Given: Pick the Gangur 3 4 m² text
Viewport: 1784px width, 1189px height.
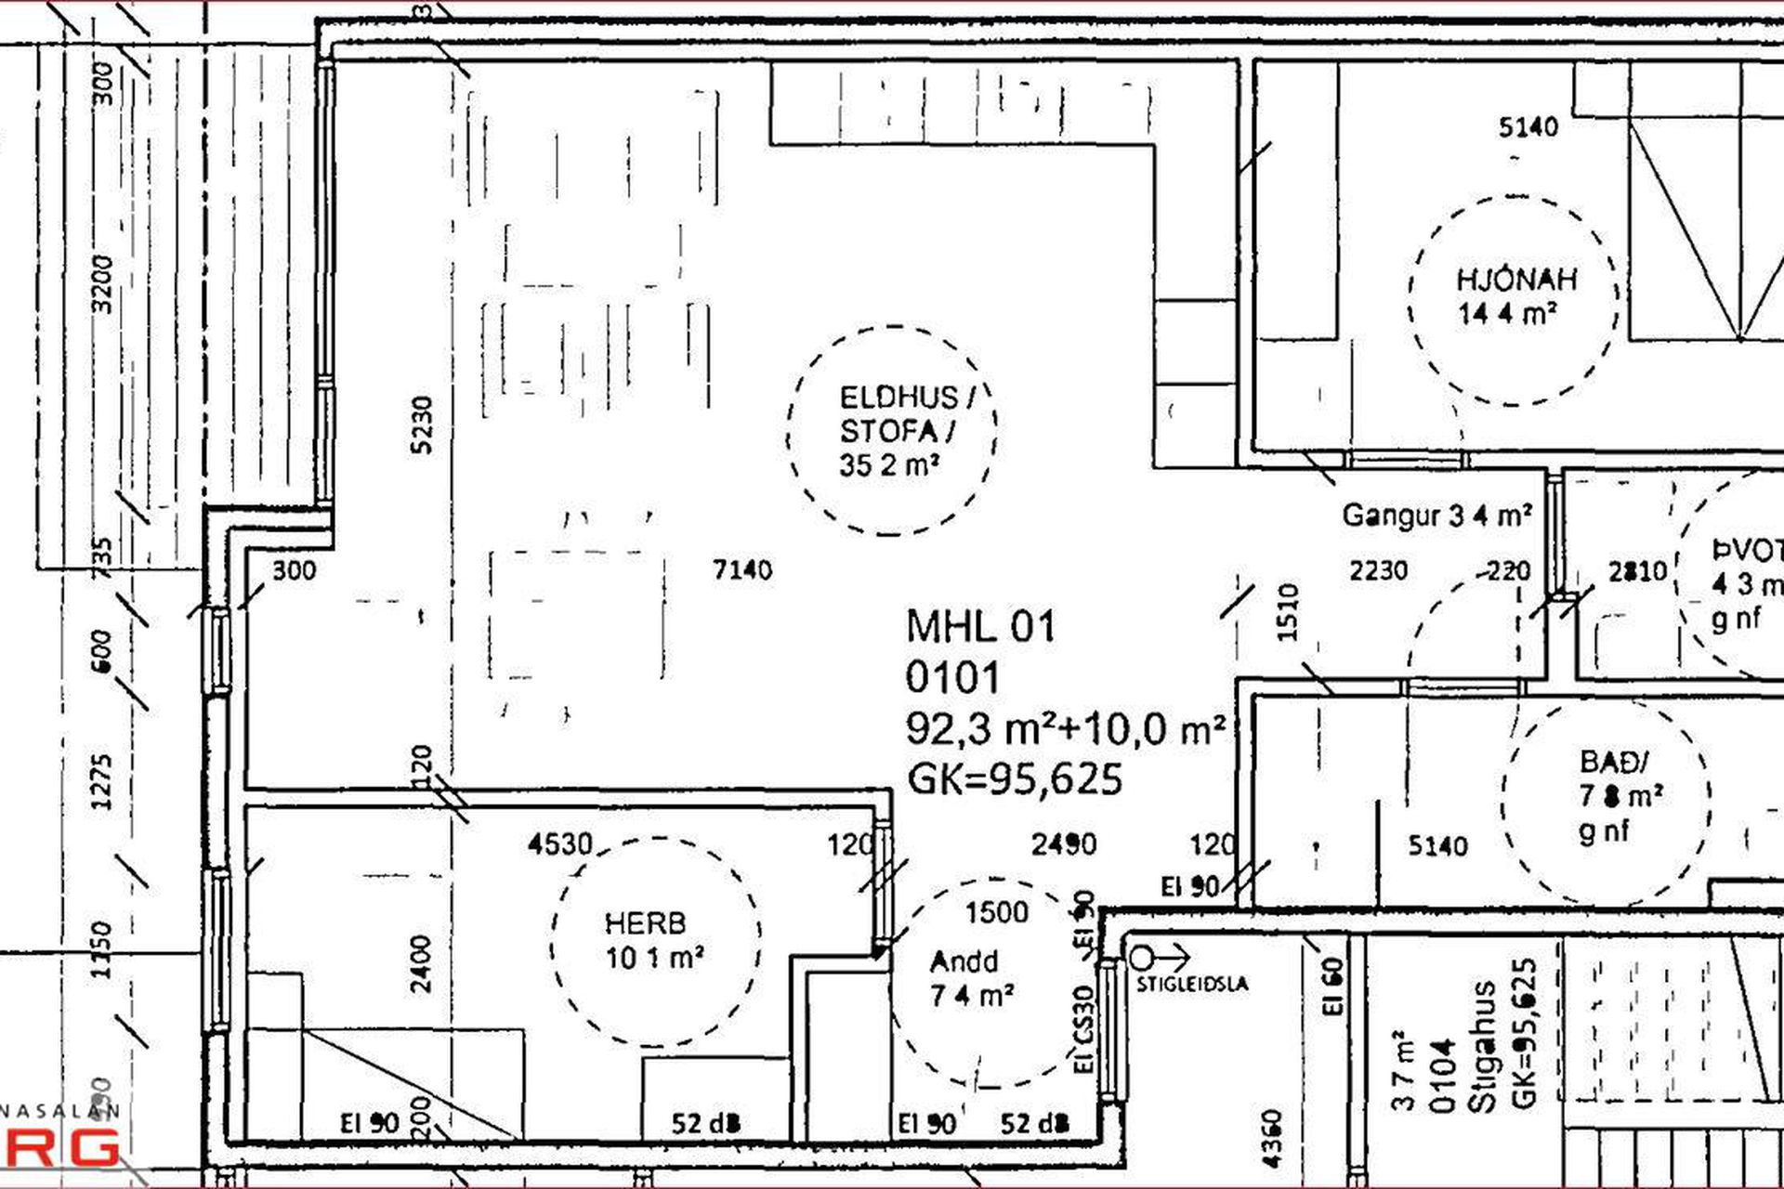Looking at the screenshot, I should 1436,516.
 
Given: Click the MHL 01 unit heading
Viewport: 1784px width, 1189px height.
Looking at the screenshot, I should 981,627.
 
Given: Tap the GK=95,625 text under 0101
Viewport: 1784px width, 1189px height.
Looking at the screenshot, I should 1015,779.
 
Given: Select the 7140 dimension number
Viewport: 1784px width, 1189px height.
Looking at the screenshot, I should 742,569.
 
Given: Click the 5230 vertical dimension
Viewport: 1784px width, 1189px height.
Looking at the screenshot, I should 423,425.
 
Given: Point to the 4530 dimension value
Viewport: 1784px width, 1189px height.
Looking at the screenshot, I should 560,844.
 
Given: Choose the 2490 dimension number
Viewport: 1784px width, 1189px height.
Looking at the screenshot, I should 1064,843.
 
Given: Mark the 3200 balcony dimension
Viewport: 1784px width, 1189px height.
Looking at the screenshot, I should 103,284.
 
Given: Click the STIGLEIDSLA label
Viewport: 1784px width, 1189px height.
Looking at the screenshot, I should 1192,985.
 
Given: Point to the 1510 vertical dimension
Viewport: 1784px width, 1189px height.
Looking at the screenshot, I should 1288,612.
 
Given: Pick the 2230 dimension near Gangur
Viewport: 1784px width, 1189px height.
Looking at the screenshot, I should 1378,569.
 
